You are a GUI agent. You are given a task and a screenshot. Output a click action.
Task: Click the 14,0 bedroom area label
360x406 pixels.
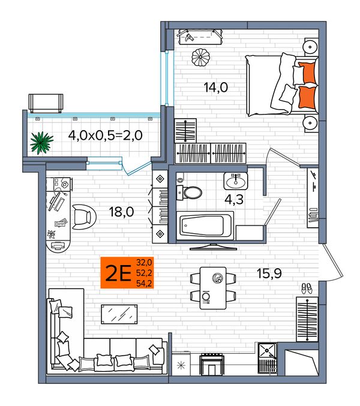pyautogui.click(x=216, y=88)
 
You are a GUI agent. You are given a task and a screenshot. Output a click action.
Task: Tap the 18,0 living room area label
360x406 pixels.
pyautogui.click(x=121, y=212)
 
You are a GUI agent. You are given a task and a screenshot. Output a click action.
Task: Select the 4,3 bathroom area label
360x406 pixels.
pyautogui.click(x=234, y=200)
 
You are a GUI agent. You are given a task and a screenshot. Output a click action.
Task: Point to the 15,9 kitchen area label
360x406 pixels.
pyautogui.click(x=269, y=273)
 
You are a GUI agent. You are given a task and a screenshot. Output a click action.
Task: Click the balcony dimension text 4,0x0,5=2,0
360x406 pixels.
pyautogui.click(x=106, y=135)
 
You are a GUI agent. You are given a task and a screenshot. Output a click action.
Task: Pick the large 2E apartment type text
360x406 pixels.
pyautogui.click(x=118, y=273)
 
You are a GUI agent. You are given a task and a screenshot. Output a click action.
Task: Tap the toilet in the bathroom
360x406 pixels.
pyautogui.click(x=189, y=193)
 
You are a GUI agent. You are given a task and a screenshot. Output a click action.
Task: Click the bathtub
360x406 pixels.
pyautogui.click(x=205, y=225)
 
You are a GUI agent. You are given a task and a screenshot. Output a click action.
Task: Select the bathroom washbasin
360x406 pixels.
pyautogui.click(x=236, y=181)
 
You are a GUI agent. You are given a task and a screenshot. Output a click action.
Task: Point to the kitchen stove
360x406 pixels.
pyautogui.click(x=212, y=365)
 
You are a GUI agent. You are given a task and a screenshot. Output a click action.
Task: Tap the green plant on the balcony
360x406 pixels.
pyautogui.click(x=41, y=142)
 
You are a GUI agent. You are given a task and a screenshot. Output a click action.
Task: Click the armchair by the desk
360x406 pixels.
pyautogui.click(x=84, y=216)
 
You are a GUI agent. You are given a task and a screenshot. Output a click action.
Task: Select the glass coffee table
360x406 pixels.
pyautogui.click(x=119, y=314)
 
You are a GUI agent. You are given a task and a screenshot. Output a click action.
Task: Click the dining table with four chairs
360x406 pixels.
pyautogui.click(x=213, y=288)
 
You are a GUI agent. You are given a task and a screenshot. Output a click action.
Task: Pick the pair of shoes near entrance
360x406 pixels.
pyautogui.click(x=307, y=288)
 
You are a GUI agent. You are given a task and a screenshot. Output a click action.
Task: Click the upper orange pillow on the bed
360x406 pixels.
pyautogui.click(x=307, y=73)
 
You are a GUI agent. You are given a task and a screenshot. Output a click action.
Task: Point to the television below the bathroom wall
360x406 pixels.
pyautogui.click(x=214, y=246)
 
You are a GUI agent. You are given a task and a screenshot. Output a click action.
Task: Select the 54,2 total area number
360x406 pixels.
pyautogui.click(x=144, y=283)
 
